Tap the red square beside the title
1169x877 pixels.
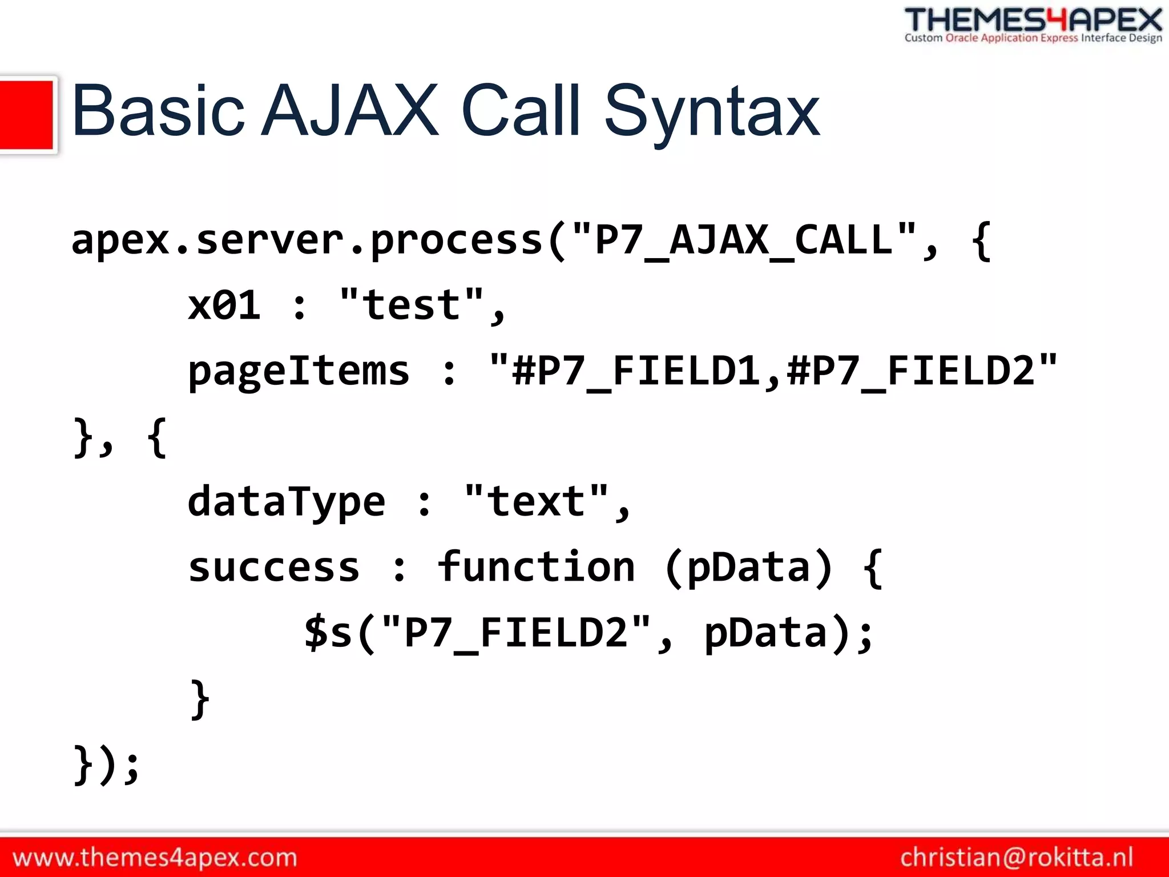26,114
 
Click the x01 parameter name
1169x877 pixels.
224,305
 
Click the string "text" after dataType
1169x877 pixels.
537,501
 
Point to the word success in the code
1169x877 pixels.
274,568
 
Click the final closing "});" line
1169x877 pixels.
107,765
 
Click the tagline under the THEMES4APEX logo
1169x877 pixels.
1033,38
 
